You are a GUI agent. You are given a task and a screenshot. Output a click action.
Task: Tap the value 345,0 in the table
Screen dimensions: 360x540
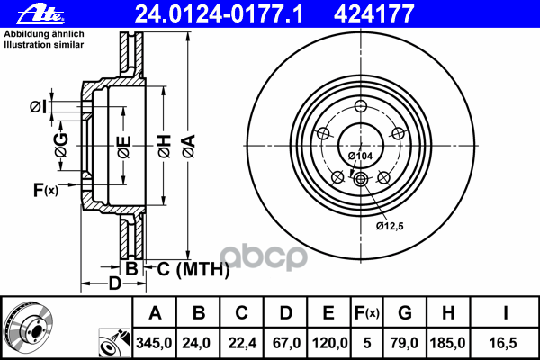(x=155, y=343)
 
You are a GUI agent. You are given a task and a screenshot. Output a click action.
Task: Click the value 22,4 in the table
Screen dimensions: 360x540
(x=241, y=343)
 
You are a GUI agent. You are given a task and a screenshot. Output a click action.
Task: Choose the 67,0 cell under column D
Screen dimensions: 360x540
(x=283, y=343)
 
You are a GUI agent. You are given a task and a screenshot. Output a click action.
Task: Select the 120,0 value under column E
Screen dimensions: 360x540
(x=328, y=343)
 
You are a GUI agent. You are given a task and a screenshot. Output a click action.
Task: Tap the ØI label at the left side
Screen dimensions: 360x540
(x=37, y=107)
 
